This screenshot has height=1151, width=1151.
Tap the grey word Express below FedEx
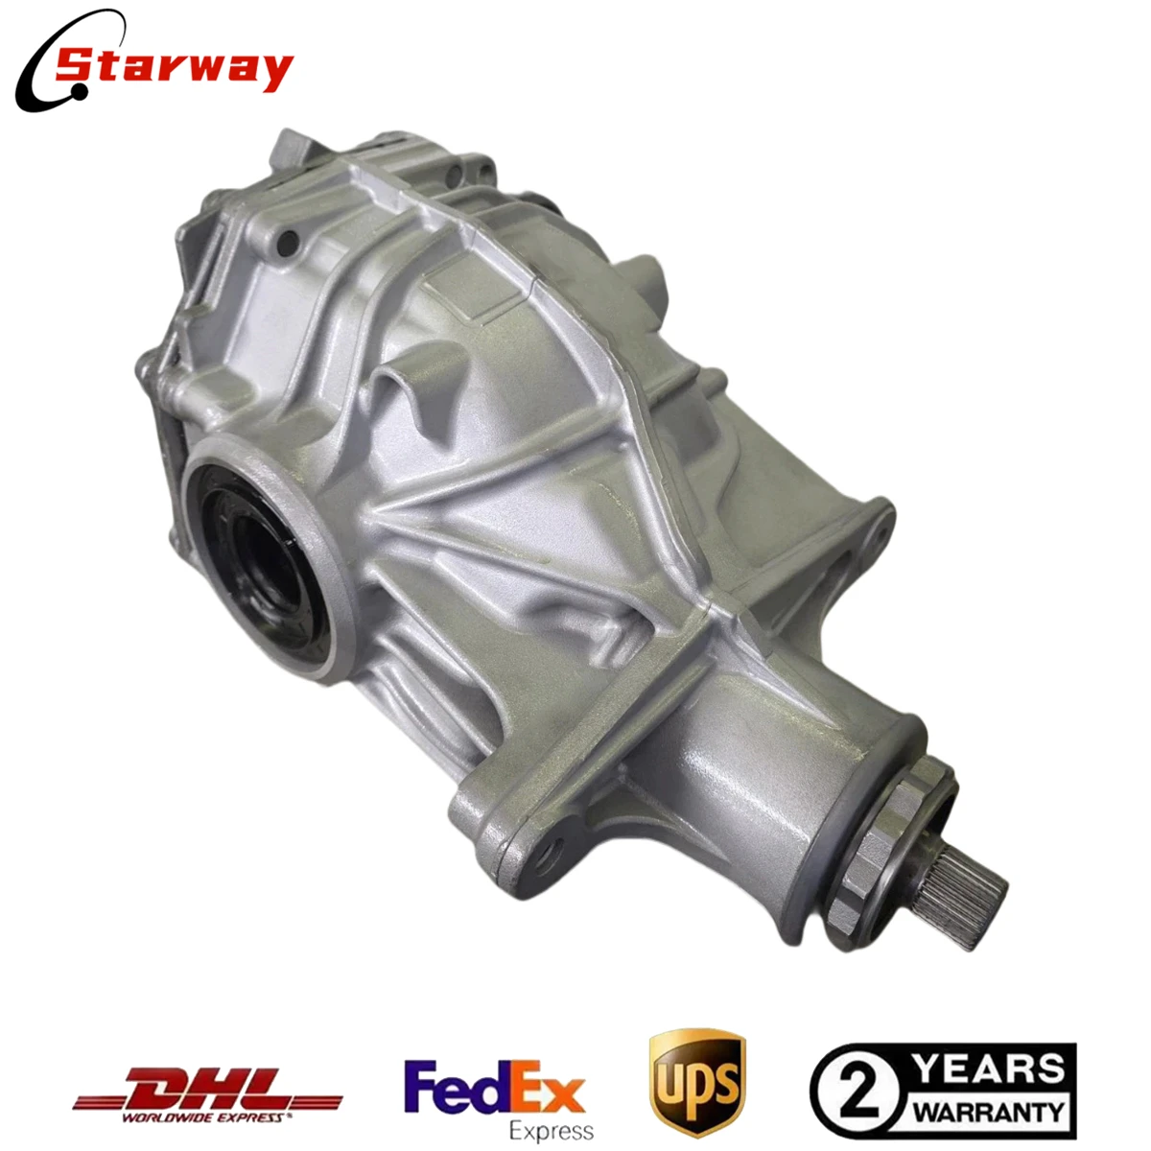click(551, 1129)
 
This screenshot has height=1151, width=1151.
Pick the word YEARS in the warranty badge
click(989, 1068)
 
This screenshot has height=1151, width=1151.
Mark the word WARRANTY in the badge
click(988, 1113)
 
